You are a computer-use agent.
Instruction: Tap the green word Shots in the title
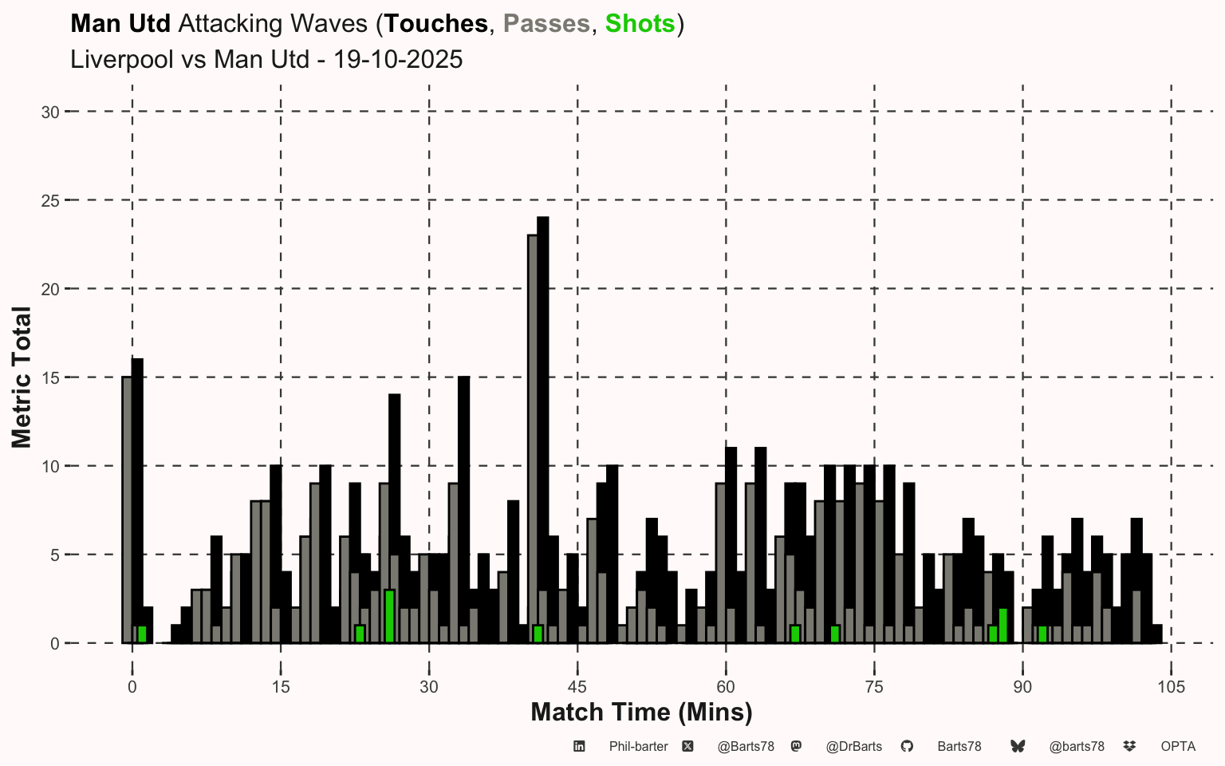pyautogui.click(x=640, y=24)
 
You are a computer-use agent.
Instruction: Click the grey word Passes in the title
pyautogui.click(x=546, y=24)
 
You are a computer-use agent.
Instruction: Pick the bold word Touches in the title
pyautogui.click(x=435, y=24)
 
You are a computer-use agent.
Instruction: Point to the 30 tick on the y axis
pyautogui.click(x=50, y=113)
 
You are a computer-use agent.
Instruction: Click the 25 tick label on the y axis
pyautogui.click(x=50, y=201)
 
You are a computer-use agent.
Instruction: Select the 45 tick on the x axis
pyautogui.click(x=577, y=687)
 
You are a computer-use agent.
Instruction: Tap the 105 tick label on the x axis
pyautogui.click(x=1171, y=687)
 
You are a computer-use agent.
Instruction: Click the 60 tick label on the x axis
pyautogui.click(x=726, y=687)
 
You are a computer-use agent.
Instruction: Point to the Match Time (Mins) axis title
pyautogui.click(x=641, y=712)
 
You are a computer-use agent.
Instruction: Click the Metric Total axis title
pyautogui.click(x=22, y=377)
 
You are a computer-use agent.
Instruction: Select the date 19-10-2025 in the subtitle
pyautogui.click(x=398, y=60)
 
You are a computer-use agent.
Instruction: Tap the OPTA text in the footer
pyautogui.click(x=1178, y=747)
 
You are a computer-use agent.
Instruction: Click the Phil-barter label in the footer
pyautogui.click(x=638, y=747)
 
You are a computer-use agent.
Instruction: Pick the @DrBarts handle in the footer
pyautogui.click(x=853, y=747)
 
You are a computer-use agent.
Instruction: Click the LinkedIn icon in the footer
pyautogui.click(x=580, y=747)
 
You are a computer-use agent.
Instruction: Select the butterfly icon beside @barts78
pyautogui.click(x=1018, y=747)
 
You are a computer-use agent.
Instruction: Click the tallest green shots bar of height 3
pyautogui.click(x=389, y=616)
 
